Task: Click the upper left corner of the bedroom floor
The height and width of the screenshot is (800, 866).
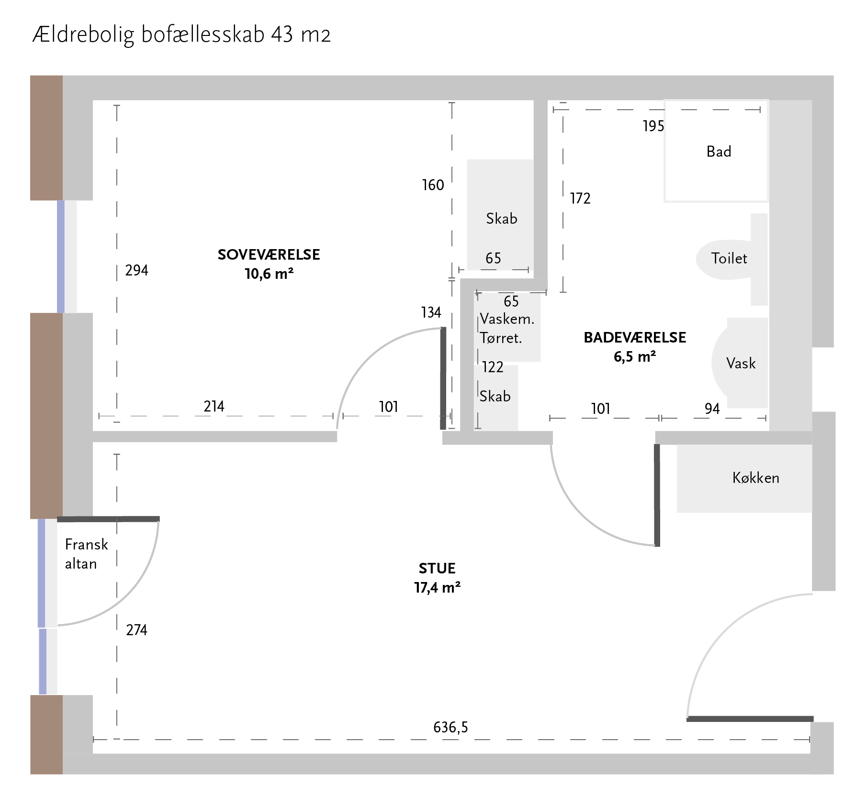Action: tap(93, 101)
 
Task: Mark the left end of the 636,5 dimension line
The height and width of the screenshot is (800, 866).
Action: tap(93, 740)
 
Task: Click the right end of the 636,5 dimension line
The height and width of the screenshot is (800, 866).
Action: tap(810, 740)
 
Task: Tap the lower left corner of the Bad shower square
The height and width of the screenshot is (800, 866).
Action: tap(664, 202)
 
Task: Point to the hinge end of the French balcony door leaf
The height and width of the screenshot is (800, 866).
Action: tap(58, 519)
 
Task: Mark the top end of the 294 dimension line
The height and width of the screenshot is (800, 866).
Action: tap(117, 105)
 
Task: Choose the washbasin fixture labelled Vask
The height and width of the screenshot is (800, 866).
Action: tap(740, 363)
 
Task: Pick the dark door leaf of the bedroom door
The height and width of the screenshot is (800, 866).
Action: tap(443, 378)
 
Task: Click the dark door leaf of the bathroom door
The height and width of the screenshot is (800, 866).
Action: tap(657, 495)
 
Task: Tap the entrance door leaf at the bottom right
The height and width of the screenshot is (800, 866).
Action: tap(750, 719)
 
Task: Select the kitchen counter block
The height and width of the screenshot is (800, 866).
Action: tap(744, 479)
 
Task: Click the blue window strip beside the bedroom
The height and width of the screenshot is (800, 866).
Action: tap(61, 257)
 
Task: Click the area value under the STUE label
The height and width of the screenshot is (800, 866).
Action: tap(438, 587)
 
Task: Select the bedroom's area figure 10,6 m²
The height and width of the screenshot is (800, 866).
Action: tap(269, 274)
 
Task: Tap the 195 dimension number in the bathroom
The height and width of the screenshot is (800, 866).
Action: tap(653, 126)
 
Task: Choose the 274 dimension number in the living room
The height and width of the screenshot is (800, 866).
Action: tap(137, 629)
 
